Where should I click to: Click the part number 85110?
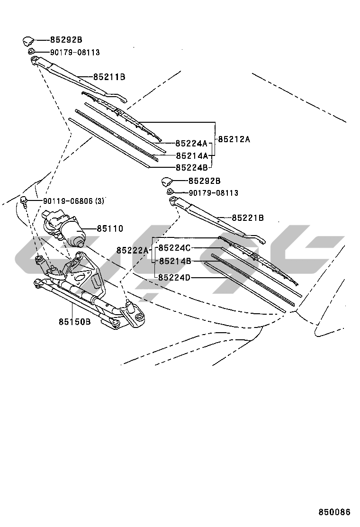(110, 229)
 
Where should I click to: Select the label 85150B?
(74, 322)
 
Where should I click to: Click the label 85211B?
(109, 76)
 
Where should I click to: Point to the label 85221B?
(248, 218)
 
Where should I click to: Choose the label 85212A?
(234, 139)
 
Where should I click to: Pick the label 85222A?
(132, 250)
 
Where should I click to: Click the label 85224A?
(191, 143)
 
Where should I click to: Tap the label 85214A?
(191, 155)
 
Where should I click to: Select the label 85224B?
(191, 167)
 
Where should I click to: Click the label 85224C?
(174, 248)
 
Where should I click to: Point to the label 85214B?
(174, 261)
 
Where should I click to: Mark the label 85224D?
(174, 277)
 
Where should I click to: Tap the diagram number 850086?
(334, 512)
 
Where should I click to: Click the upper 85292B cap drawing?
(28, 40)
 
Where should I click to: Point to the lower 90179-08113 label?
(213, 193)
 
